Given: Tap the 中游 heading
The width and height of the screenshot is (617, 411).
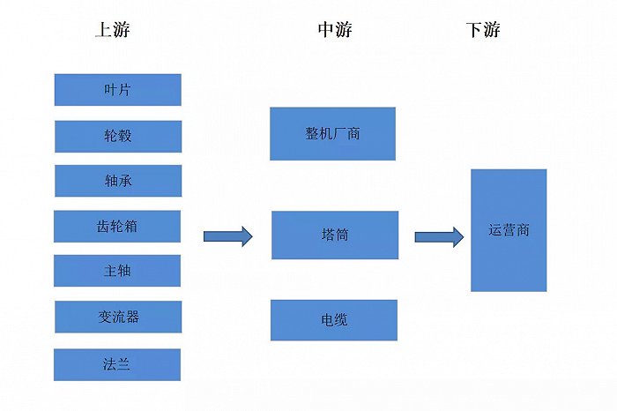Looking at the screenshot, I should tap(335, 30).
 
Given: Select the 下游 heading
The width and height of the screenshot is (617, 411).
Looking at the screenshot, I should tap(483, 30).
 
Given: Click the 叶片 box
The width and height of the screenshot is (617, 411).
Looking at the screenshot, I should tap(118, 90).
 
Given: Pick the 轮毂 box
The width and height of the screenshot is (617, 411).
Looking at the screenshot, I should tap(118, 137).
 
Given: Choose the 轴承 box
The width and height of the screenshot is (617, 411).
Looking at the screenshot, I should tap(118, 181).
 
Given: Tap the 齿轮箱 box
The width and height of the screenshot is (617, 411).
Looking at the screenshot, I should tap(118, 227).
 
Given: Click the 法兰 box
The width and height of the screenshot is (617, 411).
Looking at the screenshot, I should tap(118, 364).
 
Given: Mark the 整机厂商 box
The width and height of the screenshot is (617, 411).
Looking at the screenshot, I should tap(332, 134).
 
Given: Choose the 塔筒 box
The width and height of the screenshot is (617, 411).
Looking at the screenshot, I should tap(335, 235).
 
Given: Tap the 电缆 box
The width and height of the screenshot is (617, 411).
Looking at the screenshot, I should tap(334, 320).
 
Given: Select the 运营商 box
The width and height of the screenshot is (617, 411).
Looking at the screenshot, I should tap(509, 230).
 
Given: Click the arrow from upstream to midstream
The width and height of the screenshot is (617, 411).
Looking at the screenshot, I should tap(228, 235).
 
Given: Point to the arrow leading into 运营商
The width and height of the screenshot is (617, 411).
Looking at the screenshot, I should tap(439, 235).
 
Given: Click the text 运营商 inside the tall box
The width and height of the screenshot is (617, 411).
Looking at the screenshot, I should tap(509, 231).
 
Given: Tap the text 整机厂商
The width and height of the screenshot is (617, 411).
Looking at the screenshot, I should tap(332, 134).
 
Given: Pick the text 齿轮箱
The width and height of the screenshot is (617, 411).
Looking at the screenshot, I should tap(118, 227).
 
